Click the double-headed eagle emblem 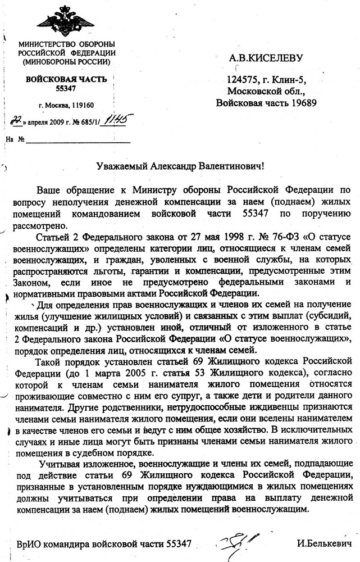(x=66, y=19)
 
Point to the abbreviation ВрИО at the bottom (x=29, y=544)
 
